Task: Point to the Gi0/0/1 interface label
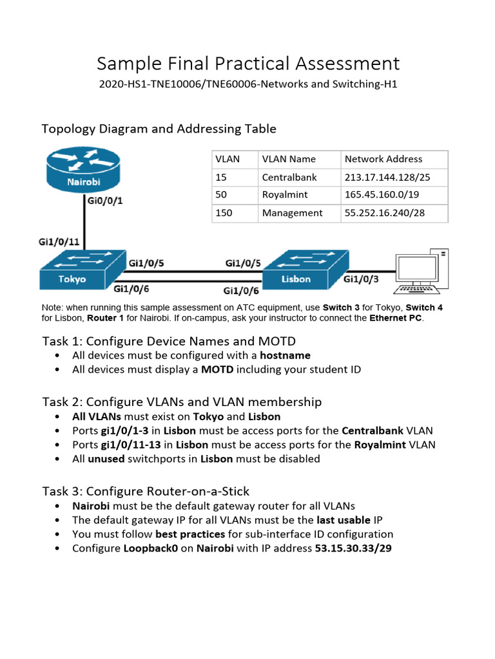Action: (x=104, y=201)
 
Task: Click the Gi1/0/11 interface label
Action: (x=59, y=242)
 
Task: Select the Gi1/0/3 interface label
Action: (x=362, y=279)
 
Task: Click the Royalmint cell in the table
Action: (x=285, y=194)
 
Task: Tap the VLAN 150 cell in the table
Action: (x=224, y=212)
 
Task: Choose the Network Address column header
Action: (x=383, y=159)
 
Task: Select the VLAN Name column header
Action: (x=289, y=159)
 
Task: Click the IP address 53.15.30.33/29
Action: (x=353, y=548)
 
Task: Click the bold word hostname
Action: (x=286, y=355)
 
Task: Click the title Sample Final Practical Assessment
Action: (x=248, y=63)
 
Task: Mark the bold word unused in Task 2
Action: (x=106, y=459)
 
